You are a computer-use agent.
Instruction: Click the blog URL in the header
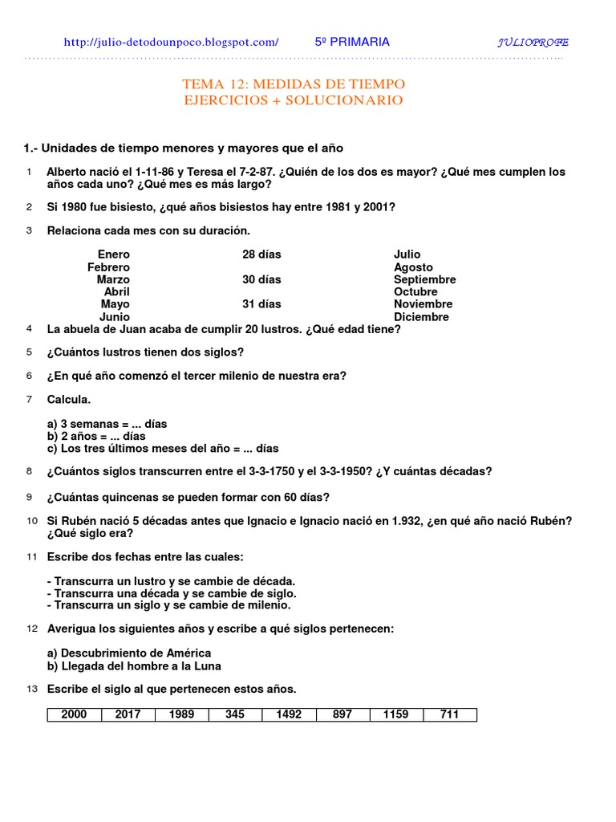[171, 42]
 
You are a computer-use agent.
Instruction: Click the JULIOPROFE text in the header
[533, 43]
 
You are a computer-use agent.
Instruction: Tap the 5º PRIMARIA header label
[352, 42]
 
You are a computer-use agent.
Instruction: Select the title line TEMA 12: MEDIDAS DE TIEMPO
[294, 84]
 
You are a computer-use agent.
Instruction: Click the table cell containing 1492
[289, 714]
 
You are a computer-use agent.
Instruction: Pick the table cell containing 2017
[128, 714]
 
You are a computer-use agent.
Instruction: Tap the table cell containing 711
[449, 714]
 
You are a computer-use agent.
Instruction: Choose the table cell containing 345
[235, 714]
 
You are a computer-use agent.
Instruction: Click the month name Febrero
[108, 267]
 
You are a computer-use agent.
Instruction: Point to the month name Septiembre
[424, 279]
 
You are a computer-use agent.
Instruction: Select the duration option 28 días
[261, 254]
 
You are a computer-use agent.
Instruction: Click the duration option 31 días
[261, 304]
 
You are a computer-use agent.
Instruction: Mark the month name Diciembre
[421, 317]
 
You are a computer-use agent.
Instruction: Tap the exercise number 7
[29, 399]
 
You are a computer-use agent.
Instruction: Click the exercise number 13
[32, 689]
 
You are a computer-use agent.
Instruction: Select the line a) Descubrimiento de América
[129, 653]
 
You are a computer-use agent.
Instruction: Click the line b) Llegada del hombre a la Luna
[134, 665]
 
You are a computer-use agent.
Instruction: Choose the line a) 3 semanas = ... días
[107, 424]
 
